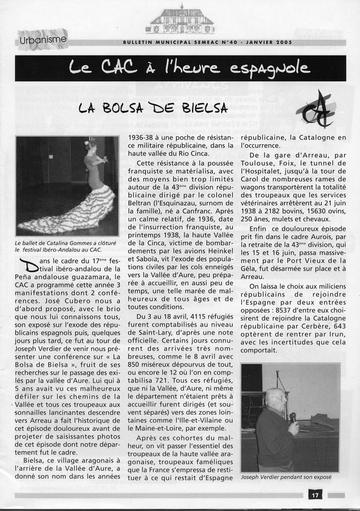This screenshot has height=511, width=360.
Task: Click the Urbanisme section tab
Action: [x=43, y=40]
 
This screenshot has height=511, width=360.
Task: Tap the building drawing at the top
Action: [x=180, y=21]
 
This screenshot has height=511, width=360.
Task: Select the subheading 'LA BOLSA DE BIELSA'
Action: [x=153, y=107]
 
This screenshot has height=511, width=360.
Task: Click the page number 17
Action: [x=315, y=495]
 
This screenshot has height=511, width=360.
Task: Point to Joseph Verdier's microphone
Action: [x=292, y=417]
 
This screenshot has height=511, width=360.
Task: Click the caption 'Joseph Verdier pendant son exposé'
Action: [x=286, y=477]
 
